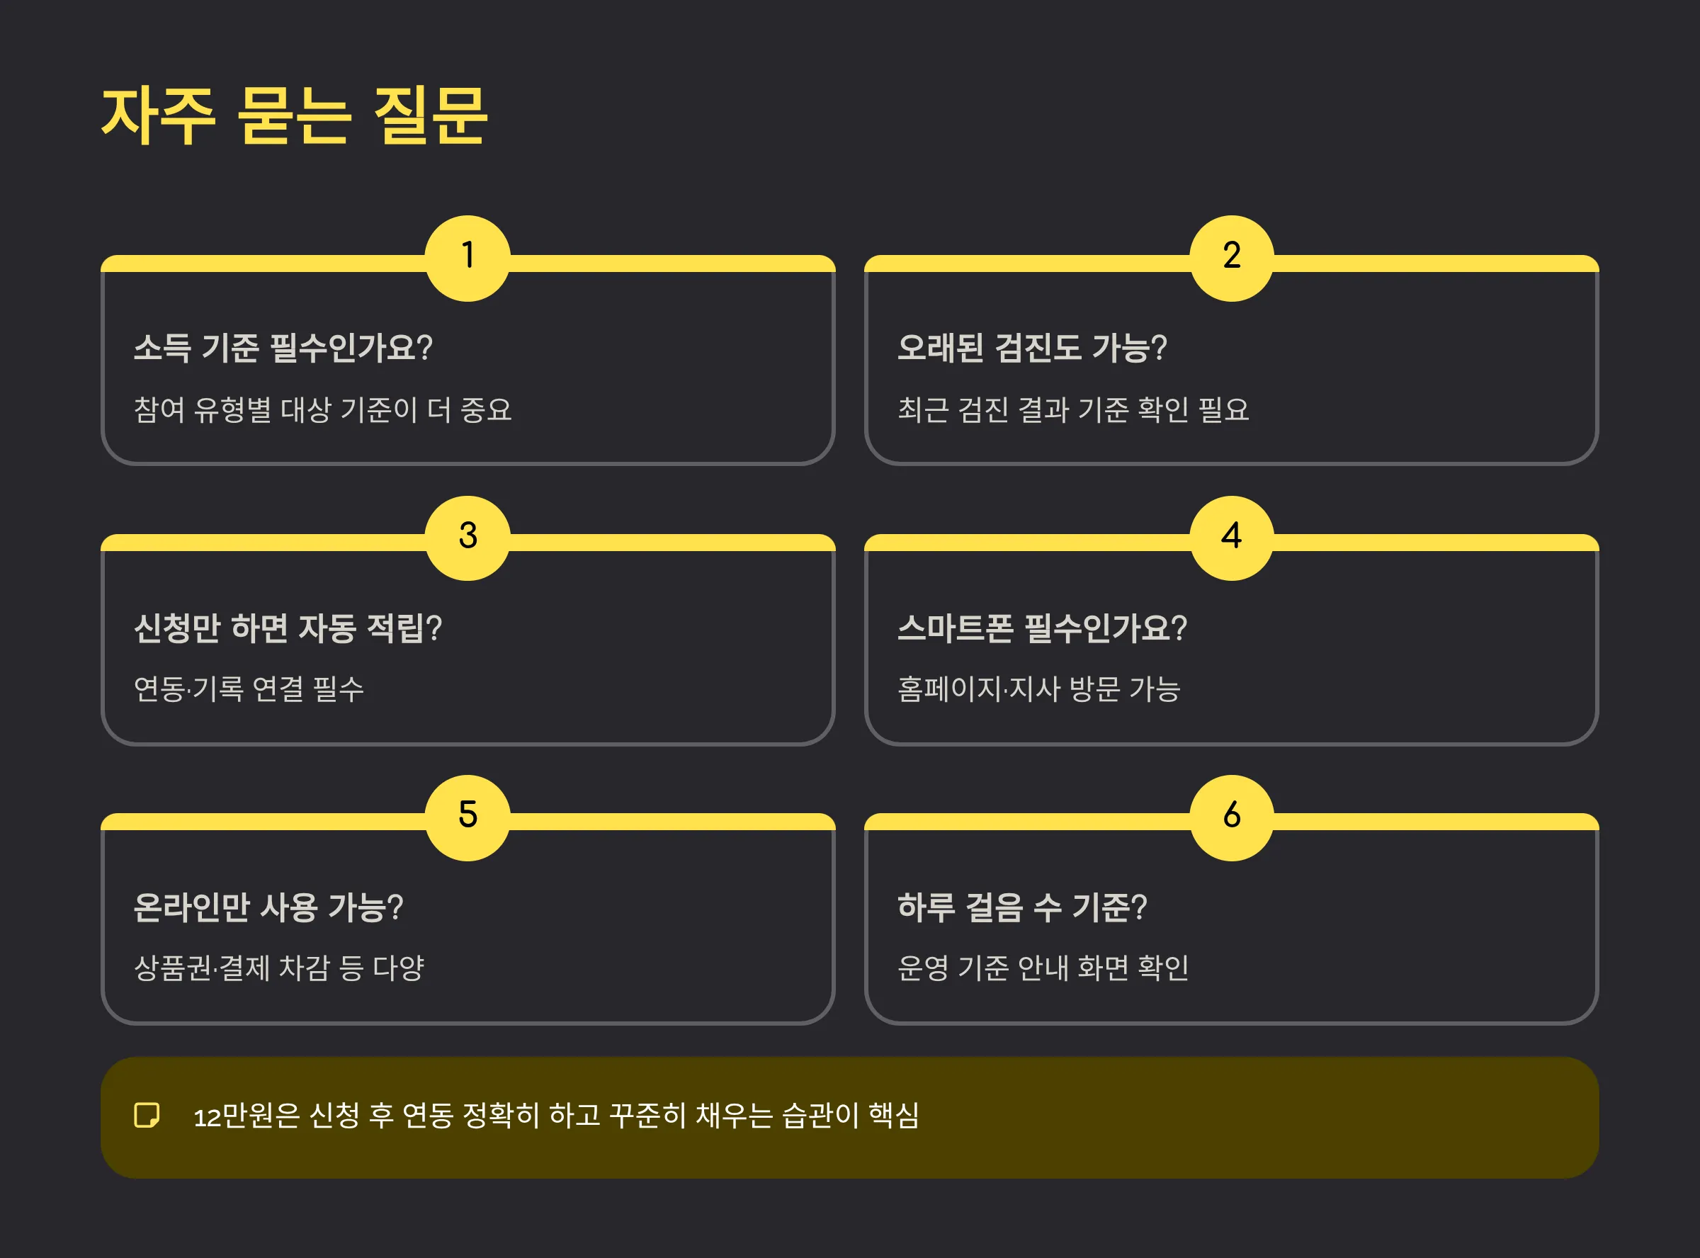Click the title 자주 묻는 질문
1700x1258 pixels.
294,115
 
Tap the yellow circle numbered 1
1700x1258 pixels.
467,258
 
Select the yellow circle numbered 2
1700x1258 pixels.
1231,258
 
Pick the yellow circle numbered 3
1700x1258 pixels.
467,538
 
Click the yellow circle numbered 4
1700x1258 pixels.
1231,538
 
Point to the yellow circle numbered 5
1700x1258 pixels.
467,817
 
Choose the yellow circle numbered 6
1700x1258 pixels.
1231,817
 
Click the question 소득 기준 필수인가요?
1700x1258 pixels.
283,348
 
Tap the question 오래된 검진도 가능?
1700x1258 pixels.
1031,348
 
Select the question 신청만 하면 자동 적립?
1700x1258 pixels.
288,628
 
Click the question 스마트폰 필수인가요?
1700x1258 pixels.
1041,628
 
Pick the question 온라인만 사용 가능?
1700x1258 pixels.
268,907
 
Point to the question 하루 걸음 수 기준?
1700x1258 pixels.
1021,907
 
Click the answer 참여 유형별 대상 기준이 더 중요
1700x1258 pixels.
322,409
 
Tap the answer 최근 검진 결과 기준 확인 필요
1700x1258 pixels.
1072,409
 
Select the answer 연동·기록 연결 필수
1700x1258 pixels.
248,689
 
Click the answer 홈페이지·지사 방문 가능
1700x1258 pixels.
1038,689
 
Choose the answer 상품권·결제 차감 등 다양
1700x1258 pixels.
278,968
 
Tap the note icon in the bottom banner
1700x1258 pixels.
146,1115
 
